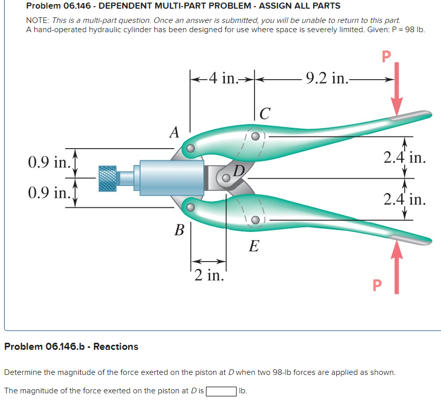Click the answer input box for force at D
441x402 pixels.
221,391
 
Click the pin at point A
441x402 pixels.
190,148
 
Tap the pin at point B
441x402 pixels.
190,207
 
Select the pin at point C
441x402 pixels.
254,136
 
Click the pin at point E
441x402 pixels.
254,220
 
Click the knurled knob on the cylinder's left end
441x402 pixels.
107,178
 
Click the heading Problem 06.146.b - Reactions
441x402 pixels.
71,347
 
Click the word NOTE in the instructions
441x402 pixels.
37,21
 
